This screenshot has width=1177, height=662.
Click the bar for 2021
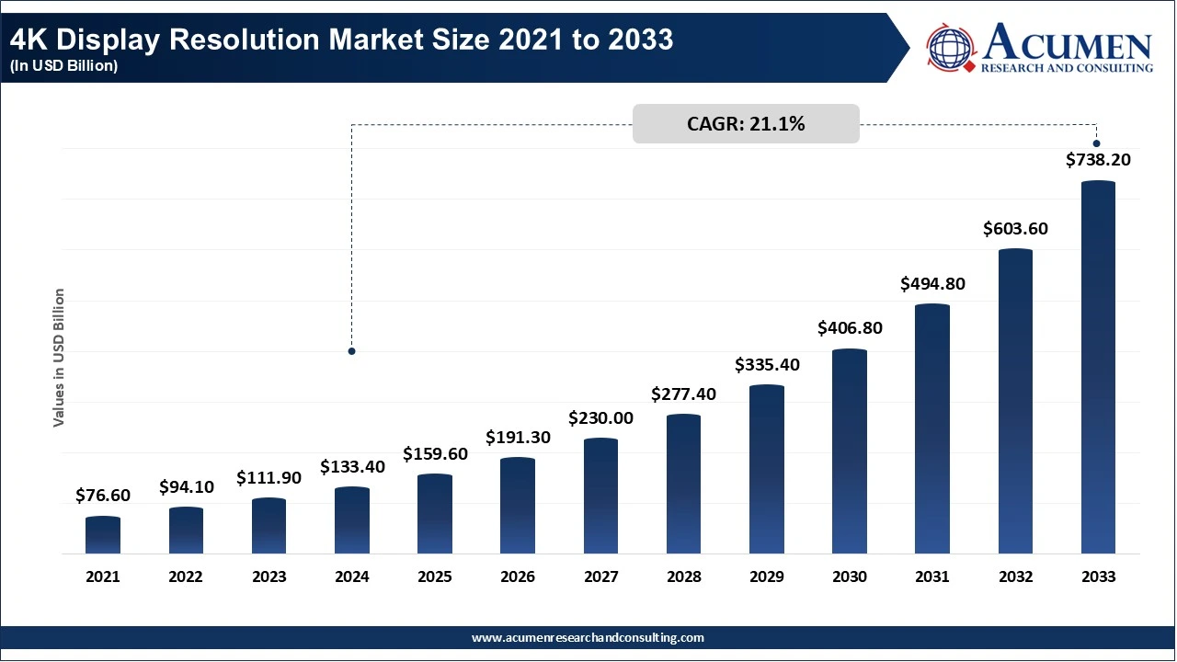(x=103, y=535)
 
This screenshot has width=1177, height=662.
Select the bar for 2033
(x=1098, y=367)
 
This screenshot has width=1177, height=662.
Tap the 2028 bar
(x=683, y=484)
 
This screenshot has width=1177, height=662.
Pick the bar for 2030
(x=850, y=451)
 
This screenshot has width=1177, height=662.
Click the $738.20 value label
(x=1098, y=160)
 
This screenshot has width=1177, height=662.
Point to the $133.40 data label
(x=352, y=466)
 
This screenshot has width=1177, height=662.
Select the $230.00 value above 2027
(x=600, y=418)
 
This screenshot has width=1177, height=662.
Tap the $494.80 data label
(x=932, y=284)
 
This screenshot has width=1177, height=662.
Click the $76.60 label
(x=103, y=495)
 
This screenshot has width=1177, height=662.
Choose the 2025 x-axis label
(x=435, y=576)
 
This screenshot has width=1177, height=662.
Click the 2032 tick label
(x=1016, y=576)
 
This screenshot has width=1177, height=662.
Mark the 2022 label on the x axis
(x=186, y=576)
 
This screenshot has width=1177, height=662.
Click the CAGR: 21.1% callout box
(x=746, y=124)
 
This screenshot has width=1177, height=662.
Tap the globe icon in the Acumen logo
(x=950, y=48)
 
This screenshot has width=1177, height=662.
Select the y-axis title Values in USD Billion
(x=58, y=358)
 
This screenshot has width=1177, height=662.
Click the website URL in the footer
(x=588, y=638)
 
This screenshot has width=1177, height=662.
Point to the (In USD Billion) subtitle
(x=63, y=65)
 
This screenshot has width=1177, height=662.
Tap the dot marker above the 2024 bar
(x=351, y=351)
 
